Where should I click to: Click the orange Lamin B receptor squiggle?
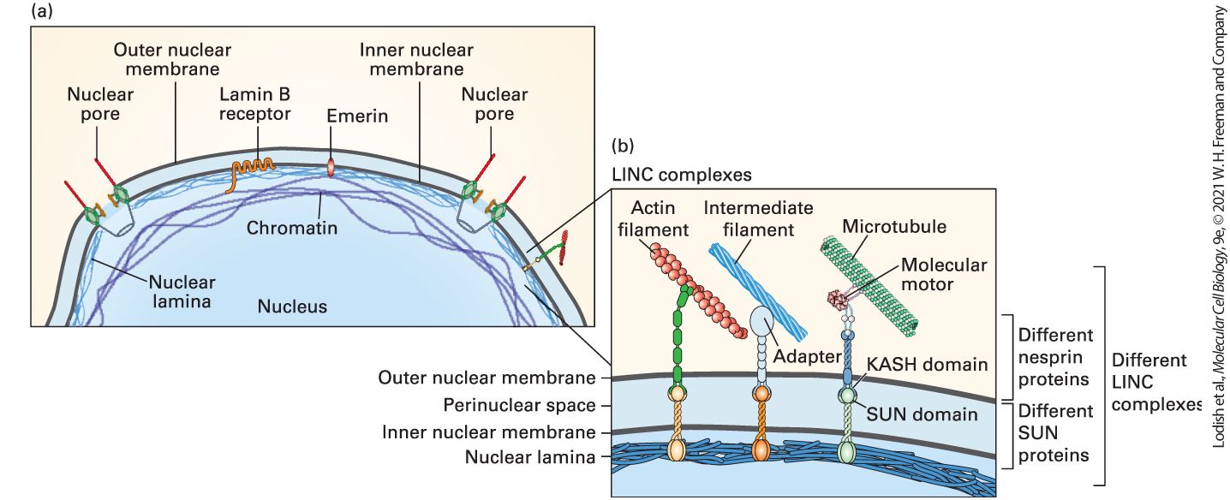click(x=250, y=168)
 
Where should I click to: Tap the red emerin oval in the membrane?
click(x=331, y=167)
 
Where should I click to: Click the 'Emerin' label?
click(x=357, y=116)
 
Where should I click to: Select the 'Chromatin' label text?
click(x=291, y=227)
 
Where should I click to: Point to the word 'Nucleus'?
click(x=292, y=306)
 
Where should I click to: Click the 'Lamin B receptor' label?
click(x=254, y=104)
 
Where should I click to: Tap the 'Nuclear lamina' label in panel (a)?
click(x=182, y=291)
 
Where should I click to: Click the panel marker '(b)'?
click(x=623, y=146)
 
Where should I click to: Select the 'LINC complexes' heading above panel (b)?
click(x=682, y=175)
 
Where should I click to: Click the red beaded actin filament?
click(x=698, y=291)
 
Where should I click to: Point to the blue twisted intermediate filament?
click(x=758, y=291)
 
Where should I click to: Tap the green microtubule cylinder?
click(x=869, y=285)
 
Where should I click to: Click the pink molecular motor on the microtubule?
click(x=837, y=298)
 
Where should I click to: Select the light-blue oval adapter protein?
click(x=761, y=318)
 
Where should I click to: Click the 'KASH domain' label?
click(x=927, y=364)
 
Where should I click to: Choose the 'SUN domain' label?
click(x=922, y=414)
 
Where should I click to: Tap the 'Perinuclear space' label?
click(x=519, y=405)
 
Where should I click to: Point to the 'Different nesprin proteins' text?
click(x=1055, y=357)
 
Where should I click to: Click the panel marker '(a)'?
click(x=42, y=10)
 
